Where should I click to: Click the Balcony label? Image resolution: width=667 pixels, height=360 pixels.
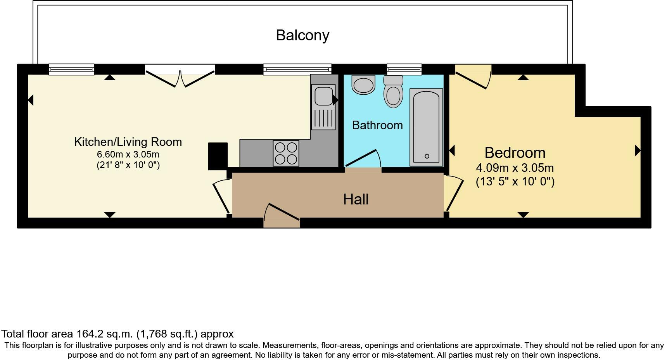point(302,35)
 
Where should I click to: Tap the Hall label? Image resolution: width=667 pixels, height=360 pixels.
point(356,199)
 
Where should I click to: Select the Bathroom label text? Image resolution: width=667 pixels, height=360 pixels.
point(377,125)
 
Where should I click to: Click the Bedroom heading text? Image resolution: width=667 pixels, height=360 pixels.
point(515,153)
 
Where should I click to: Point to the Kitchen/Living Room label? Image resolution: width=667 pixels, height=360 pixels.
point(128,142)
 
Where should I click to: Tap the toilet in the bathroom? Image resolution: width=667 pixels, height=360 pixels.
point(393,91)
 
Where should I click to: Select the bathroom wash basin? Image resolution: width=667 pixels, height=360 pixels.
point(363,85)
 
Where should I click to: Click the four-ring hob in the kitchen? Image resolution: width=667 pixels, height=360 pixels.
point(286,153)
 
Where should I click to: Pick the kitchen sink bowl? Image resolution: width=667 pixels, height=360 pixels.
point(323,95)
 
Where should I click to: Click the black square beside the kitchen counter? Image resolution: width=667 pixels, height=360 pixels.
point(218,156)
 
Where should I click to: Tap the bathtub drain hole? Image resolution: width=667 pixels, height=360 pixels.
point(427,156)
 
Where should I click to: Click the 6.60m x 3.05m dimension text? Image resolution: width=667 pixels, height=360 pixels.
point(128,154)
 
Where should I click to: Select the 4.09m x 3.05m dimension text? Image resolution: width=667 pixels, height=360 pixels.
point(515,168)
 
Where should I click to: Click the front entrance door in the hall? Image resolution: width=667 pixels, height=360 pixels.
point(282,216)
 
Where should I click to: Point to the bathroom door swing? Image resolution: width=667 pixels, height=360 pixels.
point(362,159)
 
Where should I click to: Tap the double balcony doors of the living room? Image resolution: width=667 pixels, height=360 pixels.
point(180,76)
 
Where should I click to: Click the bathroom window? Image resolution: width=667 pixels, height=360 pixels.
point(404,69)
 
